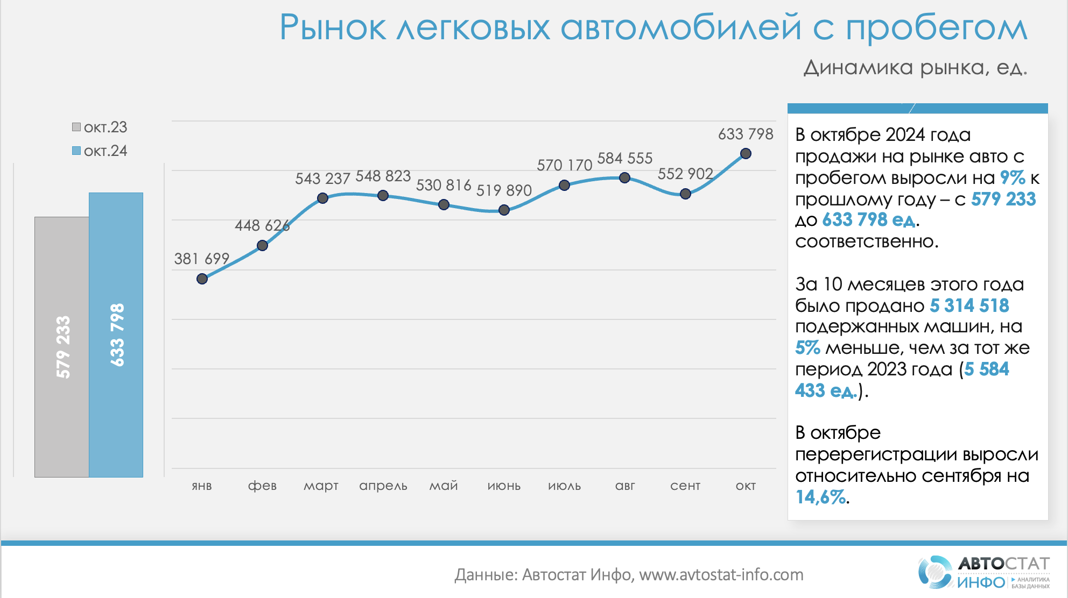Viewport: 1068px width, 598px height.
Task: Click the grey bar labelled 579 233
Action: [x=62, y=347]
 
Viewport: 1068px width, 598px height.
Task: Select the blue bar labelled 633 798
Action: [x=116, y=334]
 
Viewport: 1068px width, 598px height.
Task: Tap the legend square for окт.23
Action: [x=76, y=127]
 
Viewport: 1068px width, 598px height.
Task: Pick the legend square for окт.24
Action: [x=76, y=151]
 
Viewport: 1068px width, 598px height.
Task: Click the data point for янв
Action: [x=202, y=279]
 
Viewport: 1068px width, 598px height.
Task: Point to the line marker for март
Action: [x=322, y=198]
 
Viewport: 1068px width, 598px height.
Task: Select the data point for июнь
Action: [x=504, y=210]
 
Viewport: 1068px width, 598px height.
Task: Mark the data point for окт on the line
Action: [x=746, y=154]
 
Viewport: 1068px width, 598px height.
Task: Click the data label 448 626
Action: [x=262, y=225]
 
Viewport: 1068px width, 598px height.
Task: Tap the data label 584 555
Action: [x=624, y=158]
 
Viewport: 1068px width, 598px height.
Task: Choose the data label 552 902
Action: [x=685, y=174]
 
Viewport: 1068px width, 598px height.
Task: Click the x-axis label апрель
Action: [x=383, y=486]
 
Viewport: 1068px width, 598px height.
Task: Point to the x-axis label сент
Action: [x=685, y=486]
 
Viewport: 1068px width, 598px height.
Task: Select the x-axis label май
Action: [x=443, y=486]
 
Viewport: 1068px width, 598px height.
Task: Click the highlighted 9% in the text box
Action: [x=1012, y=177]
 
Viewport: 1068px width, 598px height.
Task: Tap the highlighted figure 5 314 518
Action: [x=969, y=305]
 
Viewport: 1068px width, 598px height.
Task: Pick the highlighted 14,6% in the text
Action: [x=820, y=497]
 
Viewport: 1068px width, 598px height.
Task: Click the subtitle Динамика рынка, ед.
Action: [x=915, y=68]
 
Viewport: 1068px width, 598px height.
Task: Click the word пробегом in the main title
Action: [x=937, y=28]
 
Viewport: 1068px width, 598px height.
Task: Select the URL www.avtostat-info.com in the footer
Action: [x=721, y=574]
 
